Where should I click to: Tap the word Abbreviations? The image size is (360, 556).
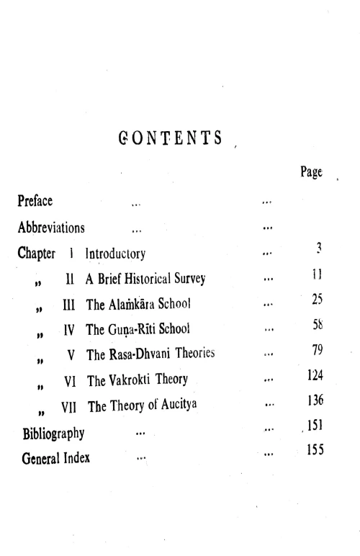(x=51, y=228)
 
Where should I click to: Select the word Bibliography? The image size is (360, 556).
(x=54, y=434)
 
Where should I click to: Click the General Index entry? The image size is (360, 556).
(x=57, y=458)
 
